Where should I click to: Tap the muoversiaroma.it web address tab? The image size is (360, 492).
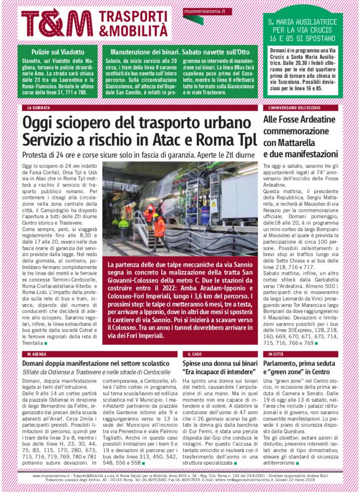tap(207, 11)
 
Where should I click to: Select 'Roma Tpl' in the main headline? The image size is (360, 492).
tap(222, 140)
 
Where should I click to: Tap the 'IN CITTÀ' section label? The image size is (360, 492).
tap(276, 354)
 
